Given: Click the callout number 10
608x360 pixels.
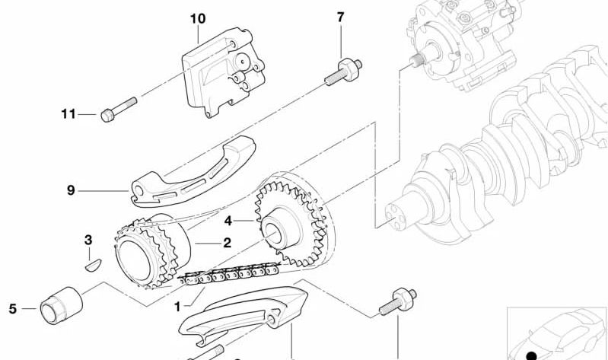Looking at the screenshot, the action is [x=198, y=18].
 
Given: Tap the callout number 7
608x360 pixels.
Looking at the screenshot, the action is [x=340, y=17].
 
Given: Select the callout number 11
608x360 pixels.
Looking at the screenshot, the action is [x=68, y=114].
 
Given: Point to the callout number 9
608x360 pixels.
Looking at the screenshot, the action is [x=71, y=190].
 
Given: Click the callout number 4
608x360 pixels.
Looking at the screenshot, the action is [x=228, y=221].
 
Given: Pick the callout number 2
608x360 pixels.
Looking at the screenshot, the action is [x=228, y=243].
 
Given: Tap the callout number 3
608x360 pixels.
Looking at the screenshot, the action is [x=88, y=240].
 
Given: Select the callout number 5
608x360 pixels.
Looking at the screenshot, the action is [x=13, y=309].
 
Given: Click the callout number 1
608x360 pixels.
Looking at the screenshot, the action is [x=177, y=307].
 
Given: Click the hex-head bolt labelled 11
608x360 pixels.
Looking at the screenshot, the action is [x=118, y=110].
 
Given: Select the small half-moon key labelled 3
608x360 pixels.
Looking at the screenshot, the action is [x=93, y=266].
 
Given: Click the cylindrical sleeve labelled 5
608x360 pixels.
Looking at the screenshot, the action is [x=62, y=306].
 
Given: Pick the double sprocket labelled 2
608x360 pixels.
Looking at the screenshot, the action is [x=152, y=250].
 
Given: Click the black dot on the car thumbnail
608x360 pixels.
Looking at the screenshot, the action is [x=532, y=355].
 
